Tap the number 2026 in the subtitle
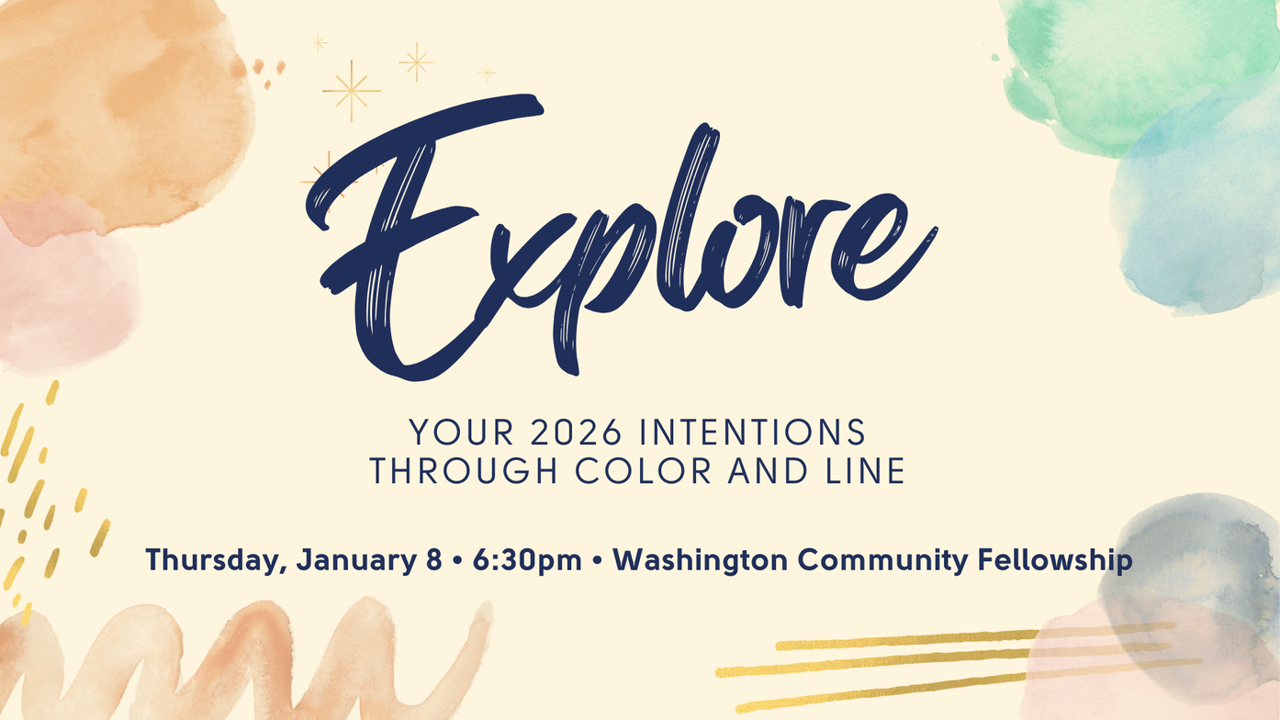[x=576, y=432]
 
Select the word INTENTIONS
[x=753, y=432]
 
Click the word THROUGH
[x=464, y=471]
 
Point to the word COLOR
[x=644, y=471]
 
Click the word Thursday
[x=216, y=560]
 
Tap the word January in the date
[x=357, y=560]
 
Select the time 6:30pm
[x=527, y=560]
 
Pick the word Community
[x=882, y=560]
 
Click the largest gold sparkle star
[x=352, y=90]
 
